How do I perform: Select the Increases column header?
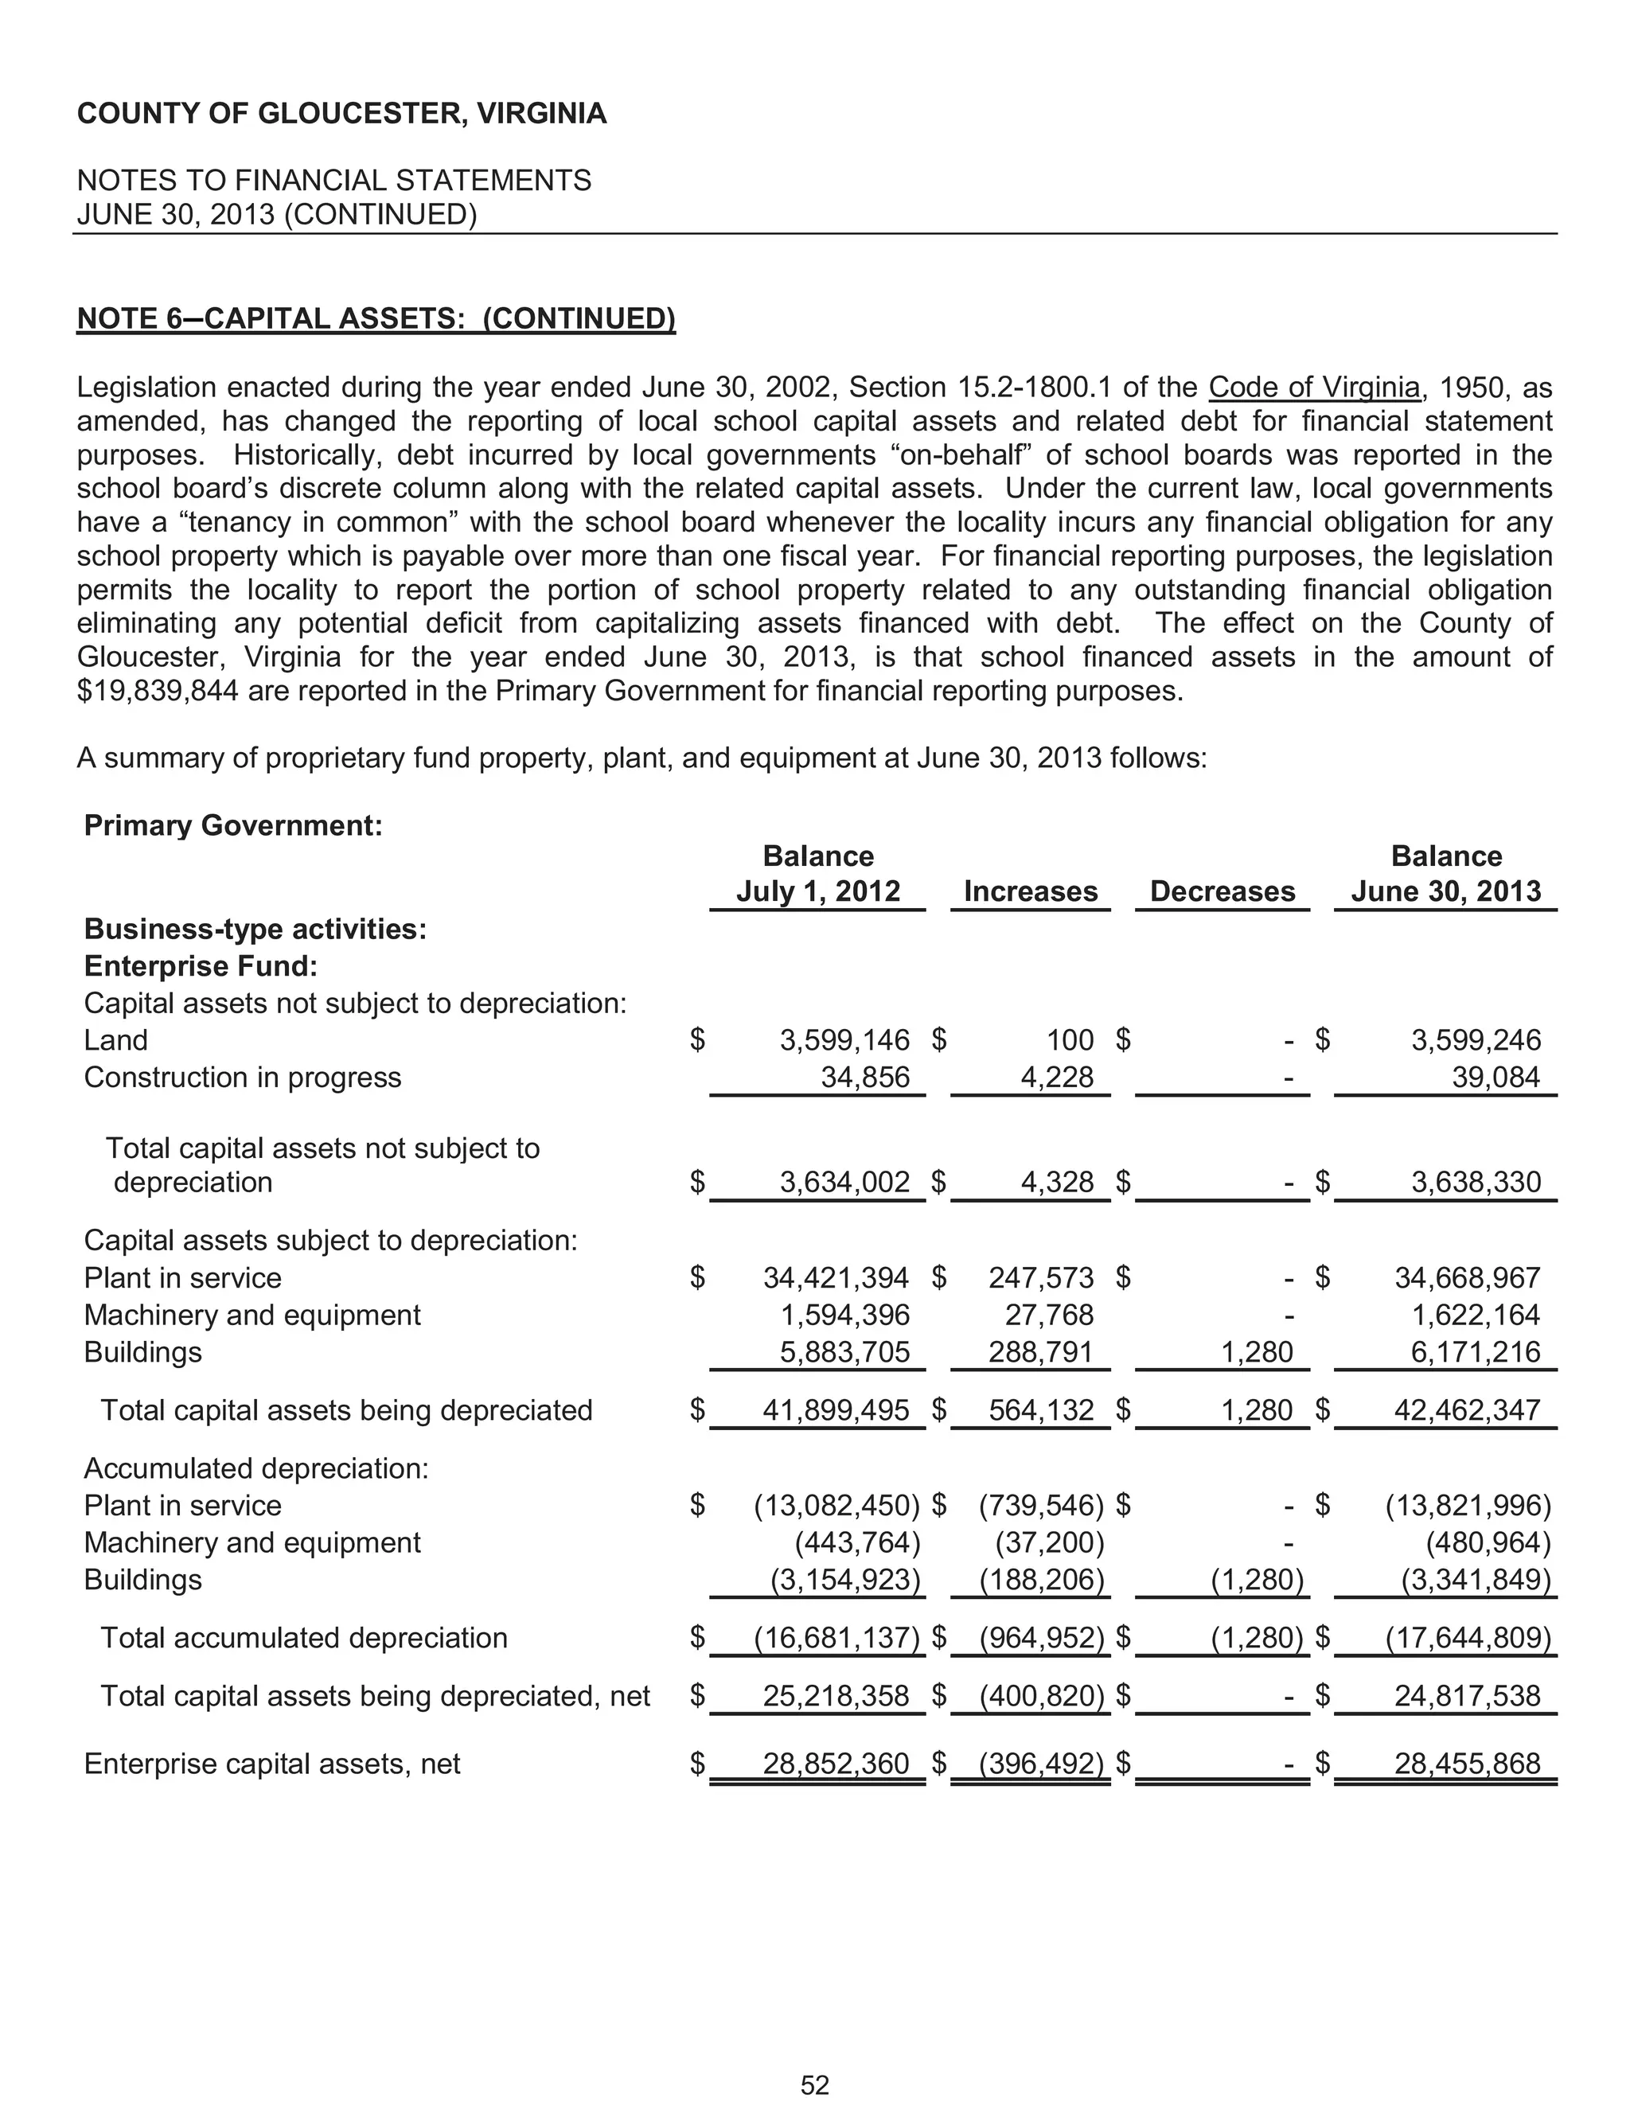click(1031, 891)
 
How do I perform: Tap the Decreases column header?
click(1222, 891)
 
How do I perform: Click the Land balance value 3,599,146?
click(844, 1040)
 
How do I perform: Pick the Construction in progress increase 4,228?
click(1056, 1077)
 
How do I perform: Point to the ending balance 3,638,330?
click(1476, 1182)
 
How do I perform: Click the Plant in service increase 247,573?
click(1041, 1277)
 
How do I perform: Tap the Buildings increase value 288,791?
click(1041, 1351)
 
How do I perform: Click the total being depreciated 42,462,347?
click(1467, 1410)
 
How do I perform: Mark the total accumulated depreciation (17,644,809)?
click(1468, 1638)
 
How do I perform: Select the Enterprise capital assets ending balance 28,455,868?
click(1467, 1764)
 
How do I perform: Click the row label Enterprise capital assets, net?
click(272, 1764)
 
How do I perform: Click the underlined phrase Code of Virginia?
click(1314, 388)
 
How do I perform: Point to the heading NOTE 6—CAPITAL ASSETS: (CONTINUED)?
click(376, 318)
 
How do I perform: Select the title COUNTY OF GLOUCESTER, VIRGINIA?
click(341, 114)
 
